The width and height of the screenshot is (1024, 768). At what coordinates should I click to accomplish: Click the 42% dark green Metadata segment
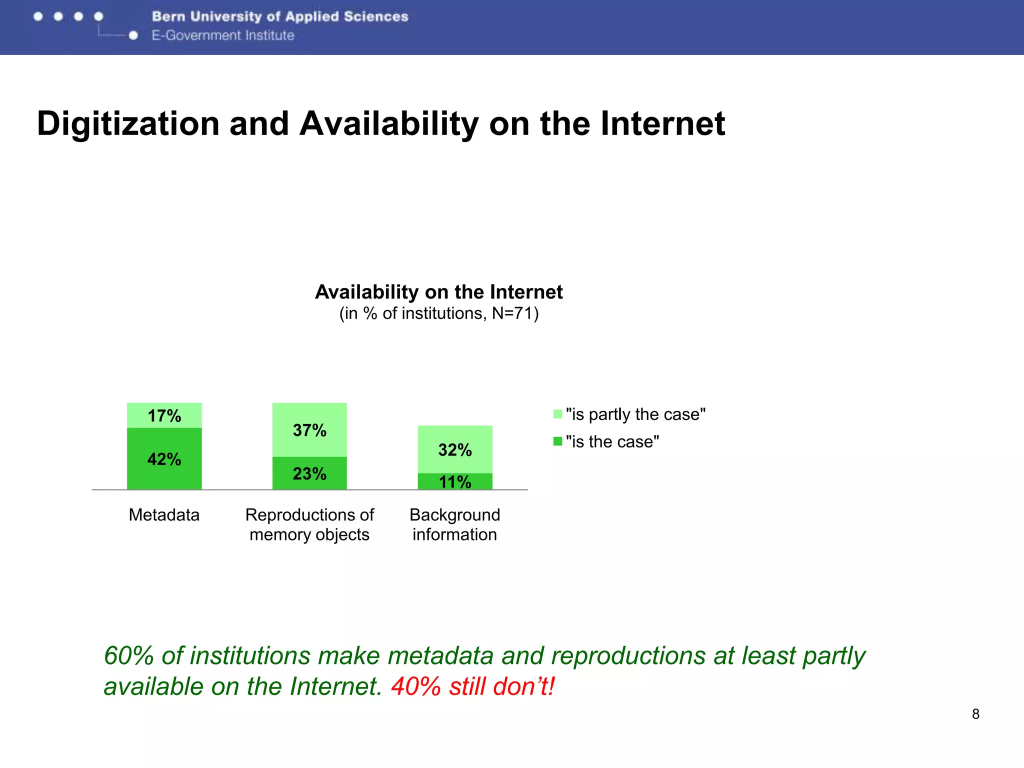click(164, 458)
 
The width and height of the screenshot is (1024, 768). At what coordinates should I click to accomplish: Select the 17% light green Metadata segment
click(164, 415)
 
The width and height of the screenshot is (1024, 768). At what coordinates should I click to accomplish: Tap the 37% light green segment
click(309, 430)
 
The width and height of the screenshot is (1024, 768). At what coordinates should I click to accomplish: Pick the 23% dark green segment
click(309, 473)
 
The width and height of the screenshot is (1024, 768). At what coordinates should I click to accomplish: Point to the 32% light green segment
click(455, 449)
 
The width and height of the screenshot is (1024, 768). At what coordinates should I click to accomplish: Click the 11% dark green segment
click(455, 481)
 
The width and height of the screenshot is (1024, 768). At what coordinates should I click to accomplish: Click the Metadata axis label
click(164, 514)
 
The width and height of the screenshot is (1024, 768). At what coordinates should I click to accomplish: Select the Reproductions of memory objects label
click(309, 524)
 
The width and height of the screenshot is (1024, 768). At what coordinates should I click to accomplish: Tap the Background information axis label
click(455, 524)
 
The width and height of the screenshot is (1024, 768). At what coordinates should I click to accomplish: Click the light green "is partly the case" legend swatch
click(557, 414)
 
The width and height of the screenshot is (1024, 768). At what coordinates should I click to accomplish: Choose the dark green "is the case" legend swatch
click(557, 441)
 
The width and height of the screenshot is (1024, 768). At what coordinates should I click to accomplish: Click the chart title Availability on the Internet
click(438, 292)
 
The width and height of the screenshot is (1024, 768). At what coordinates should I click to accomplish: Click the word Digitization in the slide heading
click(128, 123)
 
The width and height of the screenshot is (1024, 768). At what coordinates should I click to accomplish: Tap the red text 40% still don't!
click(472, 686)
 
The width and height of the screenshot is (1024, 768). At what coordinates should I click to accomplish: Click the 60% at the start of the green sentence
click(128, 655)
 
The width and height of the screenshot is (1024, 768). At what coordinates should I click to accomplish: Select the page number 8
click(975, 714)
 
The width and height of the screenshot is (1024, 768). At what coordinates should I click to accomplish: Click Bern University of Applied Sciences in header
click(280, 16)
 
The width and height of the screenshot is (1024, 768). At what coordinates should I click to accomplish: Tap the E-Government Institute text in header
click(223, 35)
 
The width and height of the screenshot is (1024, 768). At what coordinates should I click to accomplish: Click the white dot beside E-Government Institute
click(133, 35)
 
